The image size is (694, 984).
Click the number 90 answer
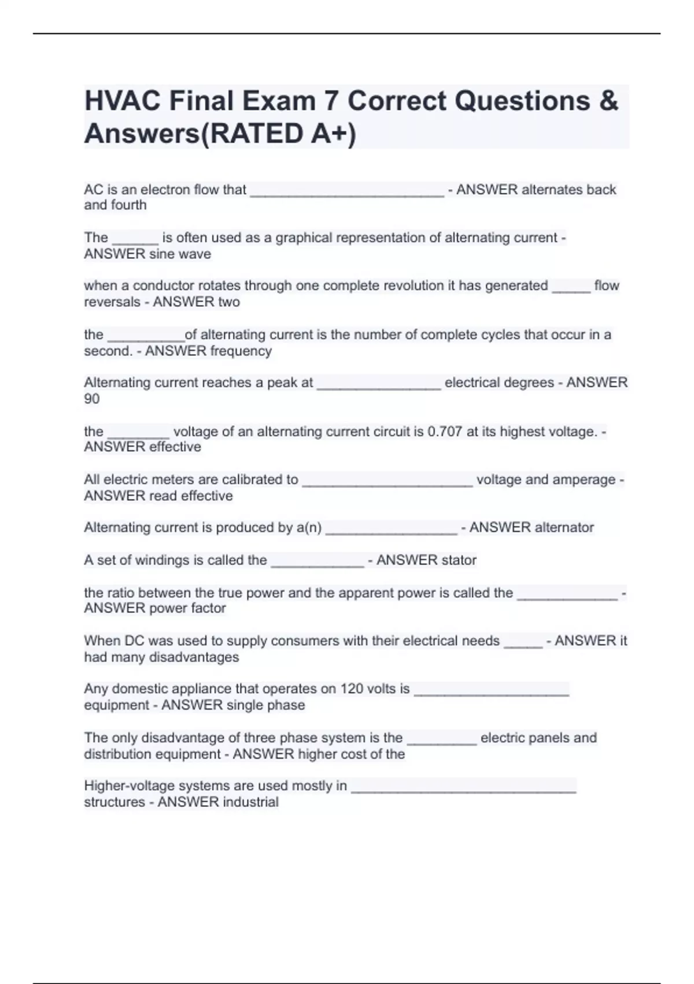[92, 399]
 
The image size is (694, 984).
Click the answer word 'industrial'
[247, 802]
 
